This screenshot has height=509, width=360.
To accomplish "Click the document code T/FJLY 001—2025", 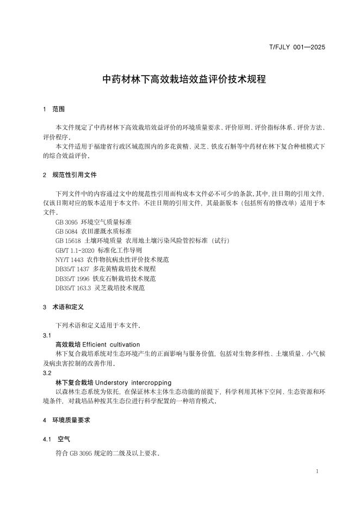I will coord(297,47).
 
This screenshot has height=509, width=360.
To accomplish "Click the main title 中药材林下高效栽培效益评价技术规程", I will coord(184,79).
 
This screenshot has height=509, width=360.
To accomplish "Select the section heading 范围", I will coord(58,109).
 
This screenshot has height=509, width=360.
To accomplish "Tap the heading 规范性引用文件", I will coord(75,175).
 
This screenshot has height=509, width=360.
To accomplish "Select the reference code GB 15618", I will coord(68,241).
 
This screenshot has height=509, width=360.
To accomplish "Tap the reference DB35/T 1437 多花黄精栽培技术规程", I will coord(105,269).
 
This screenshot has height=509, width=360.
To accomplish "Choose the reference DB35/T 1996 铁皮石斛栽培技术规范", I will coord(105,278).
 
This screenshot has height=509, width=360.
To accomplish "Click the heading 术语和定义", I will coord(68,307).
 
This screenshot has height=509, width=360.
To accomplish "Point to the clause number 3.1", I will coord(47,336).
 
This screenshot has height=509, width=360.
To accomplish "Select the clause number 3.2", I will coord(47,373).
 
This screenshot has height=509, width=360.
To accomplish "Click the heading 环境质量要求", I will coord(71,420).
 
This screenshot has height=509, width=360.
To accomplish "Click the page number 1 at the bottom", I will coord(317,471).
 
